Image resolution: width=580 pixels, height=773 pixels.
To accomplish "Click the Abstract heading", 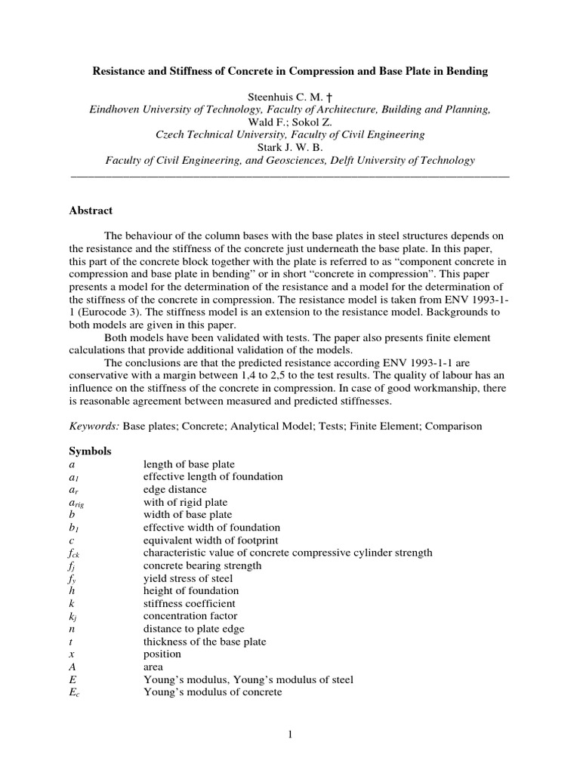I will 91,211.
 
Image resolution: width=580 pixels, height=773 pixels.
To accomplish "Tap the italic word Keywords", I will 94,426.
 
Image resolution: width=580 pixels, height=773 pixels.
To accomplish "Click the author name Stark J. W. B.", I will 290,147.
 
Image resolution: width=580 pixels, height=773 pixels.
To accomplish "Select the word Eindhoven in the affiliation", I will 114,109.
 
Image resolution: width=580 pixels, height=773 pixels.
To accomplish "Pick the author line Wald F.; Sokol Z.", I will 290,122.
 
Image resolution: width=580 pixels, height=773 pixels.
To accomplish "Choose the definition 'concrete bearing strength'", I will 202,565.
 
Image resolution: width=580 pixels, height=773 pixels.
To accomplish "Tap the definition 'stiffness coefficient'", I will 189,603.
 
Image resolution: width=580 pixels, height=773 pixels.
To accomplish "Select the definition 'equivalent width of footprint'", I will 211,540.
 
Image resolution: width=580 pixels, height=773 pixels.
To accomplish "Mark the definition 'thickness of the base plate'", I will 205,642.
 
